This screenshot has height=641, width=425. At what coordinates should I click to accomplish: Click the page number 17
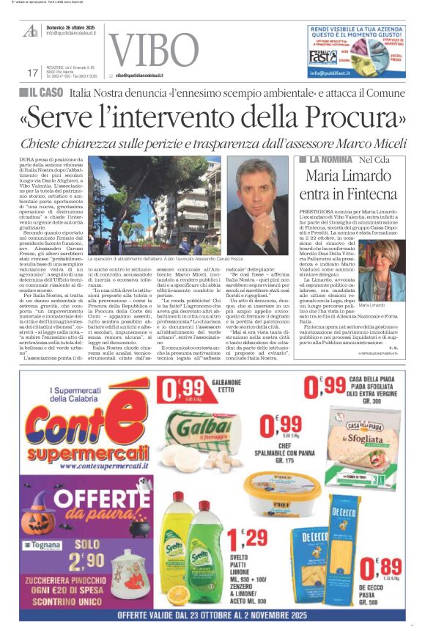coord(32,73)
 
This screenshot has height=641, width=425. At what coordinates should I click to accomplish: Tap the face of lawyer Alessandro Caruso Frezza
coord(256,202)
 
